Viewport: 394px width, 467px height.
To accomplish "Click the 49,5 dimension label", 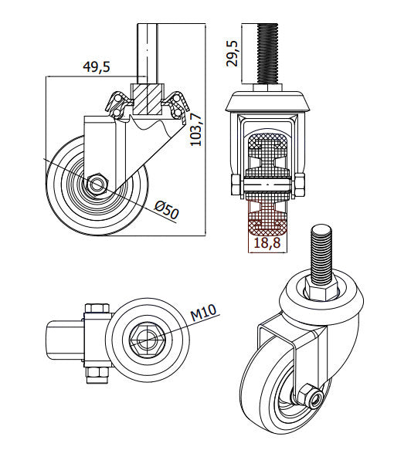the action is [97, 66].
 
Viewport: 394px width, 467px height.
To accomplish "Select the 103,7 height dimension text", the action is [196, 129].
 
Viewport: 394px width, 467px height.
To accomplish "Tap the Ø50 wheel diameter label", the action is [167, 210].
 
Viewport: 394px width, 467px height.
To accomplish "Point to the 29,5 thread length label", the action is [233, 53].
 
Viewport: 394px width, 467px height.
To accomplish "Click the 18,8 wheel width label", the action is [267, 242].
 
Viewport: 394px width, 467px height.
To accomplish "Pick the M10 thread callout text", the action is [203, 313].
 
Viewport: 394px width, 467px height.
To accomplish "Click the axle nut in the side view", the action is [96, 185].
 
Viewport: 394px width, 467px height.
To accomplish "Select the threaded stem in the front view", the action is [267, 54].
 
